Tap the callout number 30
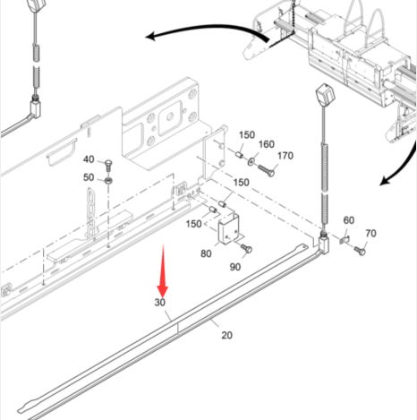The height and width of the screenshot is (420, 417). point(160,303)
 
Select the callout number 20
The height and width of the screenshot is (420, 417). point(226,335)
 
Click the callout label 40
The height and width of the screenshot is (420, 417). point(89,159)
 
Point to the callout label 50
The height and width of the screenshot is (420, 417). point(89,177)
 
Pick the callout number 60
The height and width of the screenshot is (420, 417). point(349,220)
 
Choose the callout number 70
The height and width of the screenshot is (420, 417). point(370,233)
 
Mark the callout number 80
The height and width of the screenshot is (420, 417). point(206,253)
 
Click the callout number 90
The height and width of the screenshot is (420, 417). point(235,267)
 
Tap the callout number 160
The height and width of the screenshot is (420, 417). point(267,144)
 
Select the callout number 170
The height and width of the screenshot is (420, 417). point(285,156)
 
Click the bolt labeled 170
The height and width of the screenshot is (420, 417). point(266,170)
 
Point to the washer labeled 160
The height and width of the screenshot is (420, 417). point(251,161)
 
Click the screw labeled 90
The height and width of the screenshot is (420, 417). point(246,248)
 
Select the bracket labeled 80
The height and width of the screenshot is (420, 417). point(229,229)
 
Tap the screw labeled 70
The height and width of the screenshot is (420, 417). point(360,251)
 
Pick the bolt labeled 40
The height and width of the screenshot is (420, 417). point(109,165)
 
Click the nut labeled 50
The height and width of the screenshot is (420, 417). point(108,181)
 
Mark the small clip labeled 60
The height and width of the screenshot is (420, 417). point(345,239)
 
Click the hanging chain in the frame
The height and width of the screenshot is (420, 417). point(90,212)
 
